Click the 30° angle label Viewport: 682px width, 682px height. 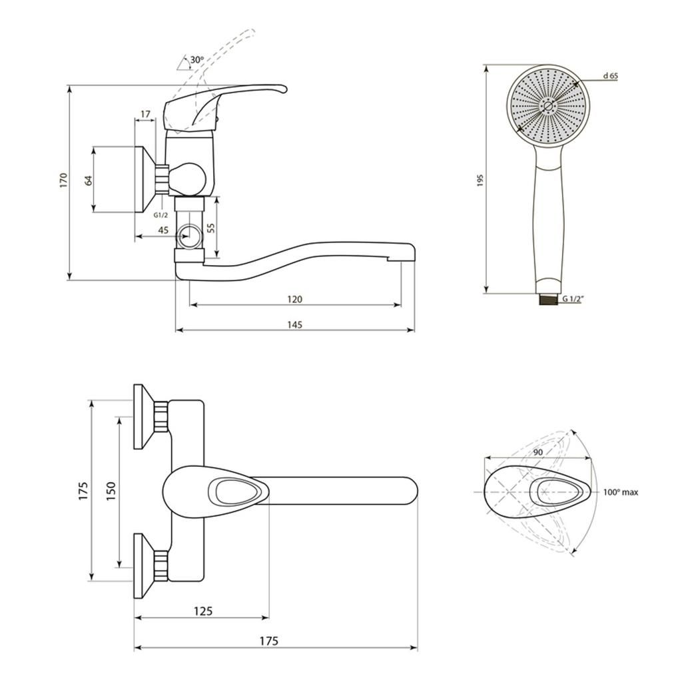[x=197, y=60]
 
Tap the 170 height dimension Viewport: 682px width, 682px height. [x=65, y=180]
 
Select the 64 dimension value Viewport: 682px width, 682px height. [x=89, y=180]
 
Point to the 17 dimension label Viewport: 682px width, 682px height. [x=145, y=114]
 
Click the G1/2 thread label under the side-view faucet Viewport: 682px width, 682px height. [x=161, y=215]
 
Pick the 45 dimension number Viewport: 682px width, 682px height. [x=163, y=230]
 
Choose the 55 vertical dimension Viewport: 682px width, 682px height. [x=211, y=228]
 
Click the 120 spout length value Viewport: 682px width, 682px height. [x=295, y=299]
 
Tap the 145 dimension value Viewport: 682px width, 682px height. [x=295, y=324]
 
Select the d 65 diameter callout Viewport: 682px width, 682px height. [x=611, y=76]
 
